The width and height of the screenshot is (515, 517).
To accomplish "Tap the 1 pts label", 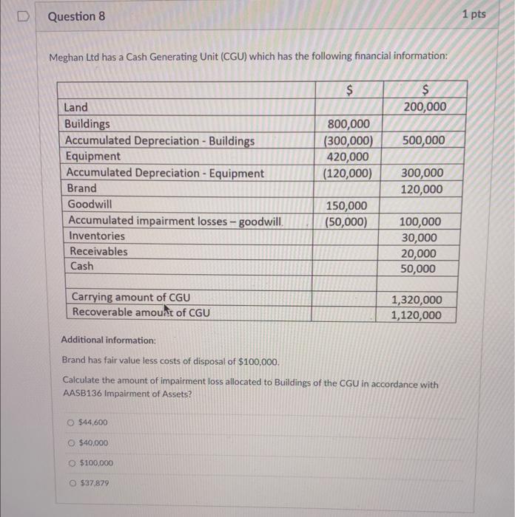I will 474,14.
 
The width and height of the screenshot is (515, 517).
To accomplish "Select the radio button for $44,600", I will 70,423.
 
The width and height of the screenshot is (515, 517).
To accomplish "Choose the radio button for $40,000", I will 70,443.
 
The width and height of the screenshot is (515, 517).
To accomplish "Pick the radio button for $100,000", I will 70,463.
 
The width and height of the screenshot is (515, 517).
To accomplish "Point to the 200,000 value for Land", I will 424,107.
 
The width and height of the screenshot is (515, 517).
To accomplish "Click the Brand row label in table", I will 81,188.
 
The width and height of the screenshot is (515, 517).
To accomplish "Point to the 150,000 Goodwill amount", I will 346,205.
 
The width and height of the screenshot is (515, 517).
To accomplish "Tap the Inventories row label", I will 97,236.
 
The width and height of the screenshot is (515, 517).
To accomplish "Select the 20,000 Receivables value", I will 418,253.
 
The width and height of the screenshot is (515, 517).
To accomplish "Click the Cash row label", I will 81,267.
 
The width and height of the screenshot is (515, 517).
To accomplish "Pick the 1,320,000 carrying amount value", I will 416,299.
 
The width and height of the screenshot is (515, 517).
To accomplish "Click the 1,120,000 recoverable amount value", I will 416,315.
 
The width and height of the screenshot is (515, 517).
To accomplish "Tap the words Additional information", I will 108,341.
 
